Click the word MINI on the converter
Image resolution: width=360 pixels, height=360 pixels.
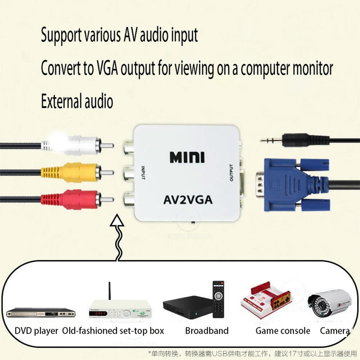click(187, 157)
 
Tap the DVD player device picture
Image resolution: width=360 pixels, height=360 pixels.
click(40, 312)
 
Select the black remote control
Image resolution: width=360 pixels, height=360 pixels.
click(218, 299)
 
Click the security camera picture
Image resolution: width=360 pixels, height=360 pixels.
click(329, 302)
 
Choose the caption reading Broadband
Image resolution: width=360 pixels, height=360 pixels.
click(207, 330)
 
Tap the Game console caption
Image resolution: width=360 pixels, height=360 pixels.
click(283, 330)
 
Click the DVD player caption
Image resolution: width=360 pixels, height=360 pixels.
click(36, 330)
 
